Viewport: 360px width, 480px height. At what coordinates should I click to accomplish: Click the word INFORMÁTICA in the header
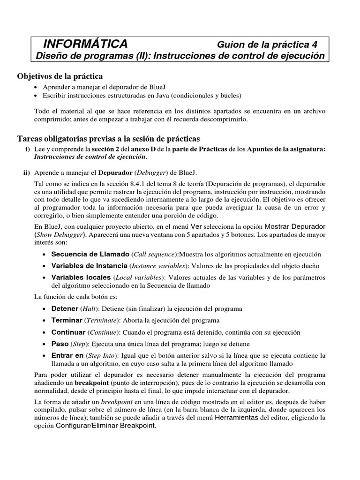point(85,44)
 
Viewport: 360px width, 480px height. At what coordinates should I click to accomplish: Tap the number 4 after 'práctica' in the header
point(314,45)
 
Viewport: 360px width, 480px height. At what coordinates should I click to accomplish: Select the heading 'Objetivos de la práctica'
point(60,76)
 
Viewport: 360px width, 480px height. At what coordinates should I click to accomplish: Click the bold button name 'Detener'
point(65,309)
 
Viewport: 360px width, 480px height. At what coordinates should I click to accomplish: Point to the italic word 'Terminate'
point(102,321)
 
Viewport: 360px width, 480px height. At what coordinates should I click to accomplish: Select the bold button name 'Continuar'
point(68,332)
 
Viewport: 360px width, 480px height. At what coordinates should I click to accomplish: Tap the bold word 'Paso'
point(60,344)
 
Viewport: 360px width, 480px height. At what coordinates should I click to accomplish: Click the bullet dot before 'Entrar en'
point(44,356)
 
